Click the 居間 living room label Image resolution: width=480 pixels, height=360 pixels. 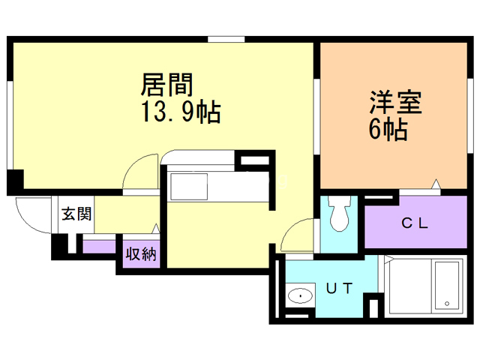tap(164, 82)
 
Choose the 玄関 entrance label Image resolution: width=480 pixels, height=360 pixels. tap(76, 214)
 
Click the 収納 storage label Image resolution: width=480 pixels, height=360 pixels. tap(140, 253)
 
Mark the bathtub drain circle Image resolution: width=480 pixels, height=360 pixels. tap(448, 304)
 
